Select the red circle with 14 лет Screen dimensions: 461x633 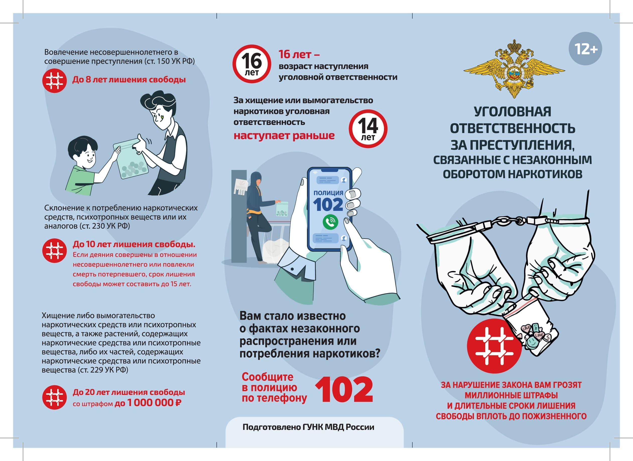click(368, 128)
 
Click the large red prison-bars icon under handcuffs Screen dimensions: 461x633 click(494, 346)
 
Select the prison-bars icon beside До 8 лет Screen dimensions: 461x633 click(54, 80)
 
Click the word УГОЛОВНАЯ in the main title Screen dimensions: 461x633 click(513, 112)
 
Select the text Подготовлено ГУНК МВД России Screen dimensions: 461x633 click(308, 427)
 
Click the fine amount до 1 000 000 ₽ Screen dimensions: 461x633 click(148, 403)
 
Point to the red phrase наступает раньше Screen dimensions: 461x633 click(284, 136)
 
